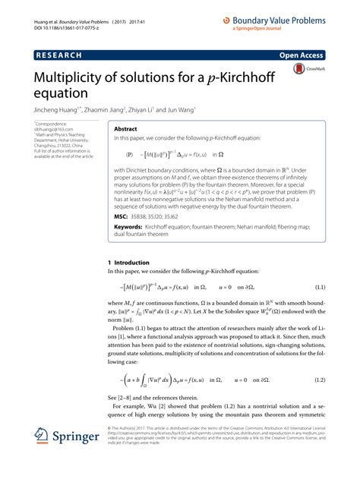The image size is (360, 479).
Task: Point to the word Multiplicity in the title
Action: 69,78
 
